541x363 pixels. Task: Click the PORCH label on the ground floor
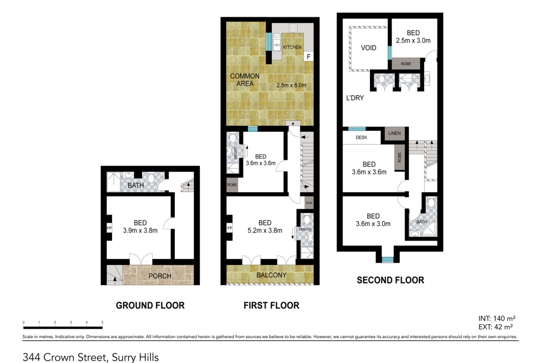click(160, 276)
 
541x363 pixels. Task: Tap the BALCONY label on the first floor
click(271, 275)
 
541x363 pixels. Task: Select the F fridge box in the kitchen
click(309, 56)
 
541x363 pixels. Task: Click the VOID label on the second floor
click(369, 48)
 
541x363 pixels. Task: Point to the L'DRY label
click(355, 98)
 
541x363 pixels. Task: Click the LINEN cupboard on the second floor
click(394, 133)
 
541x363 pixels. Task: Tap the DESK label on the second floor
click(361, 137)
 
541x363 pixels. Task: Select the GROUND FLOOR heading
click(150, 305)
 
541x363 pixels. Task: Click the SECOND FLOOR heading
click(390, 280)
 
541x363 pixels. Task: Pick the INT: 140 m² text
click(497, 319)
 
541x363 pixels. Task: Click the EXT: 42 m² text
click(496, 327)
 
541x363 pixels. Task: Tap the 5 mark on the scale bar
click(103, 323)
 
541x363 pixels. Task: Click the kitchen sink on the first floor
click(277, 42)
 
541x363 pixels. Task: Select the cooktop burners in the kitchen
click(293, 28)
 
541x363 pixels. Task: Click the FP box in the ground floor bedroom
click(109, 228)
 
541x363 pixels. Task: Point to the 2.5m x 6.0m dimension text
click(291, 85)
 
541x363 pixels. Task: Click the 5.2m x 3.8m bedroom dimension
click(265, 230)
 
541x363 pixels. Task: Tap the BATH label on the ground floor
click(135, 185)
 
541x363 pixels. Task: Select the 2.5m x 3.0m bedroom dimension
click(413, 40)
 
